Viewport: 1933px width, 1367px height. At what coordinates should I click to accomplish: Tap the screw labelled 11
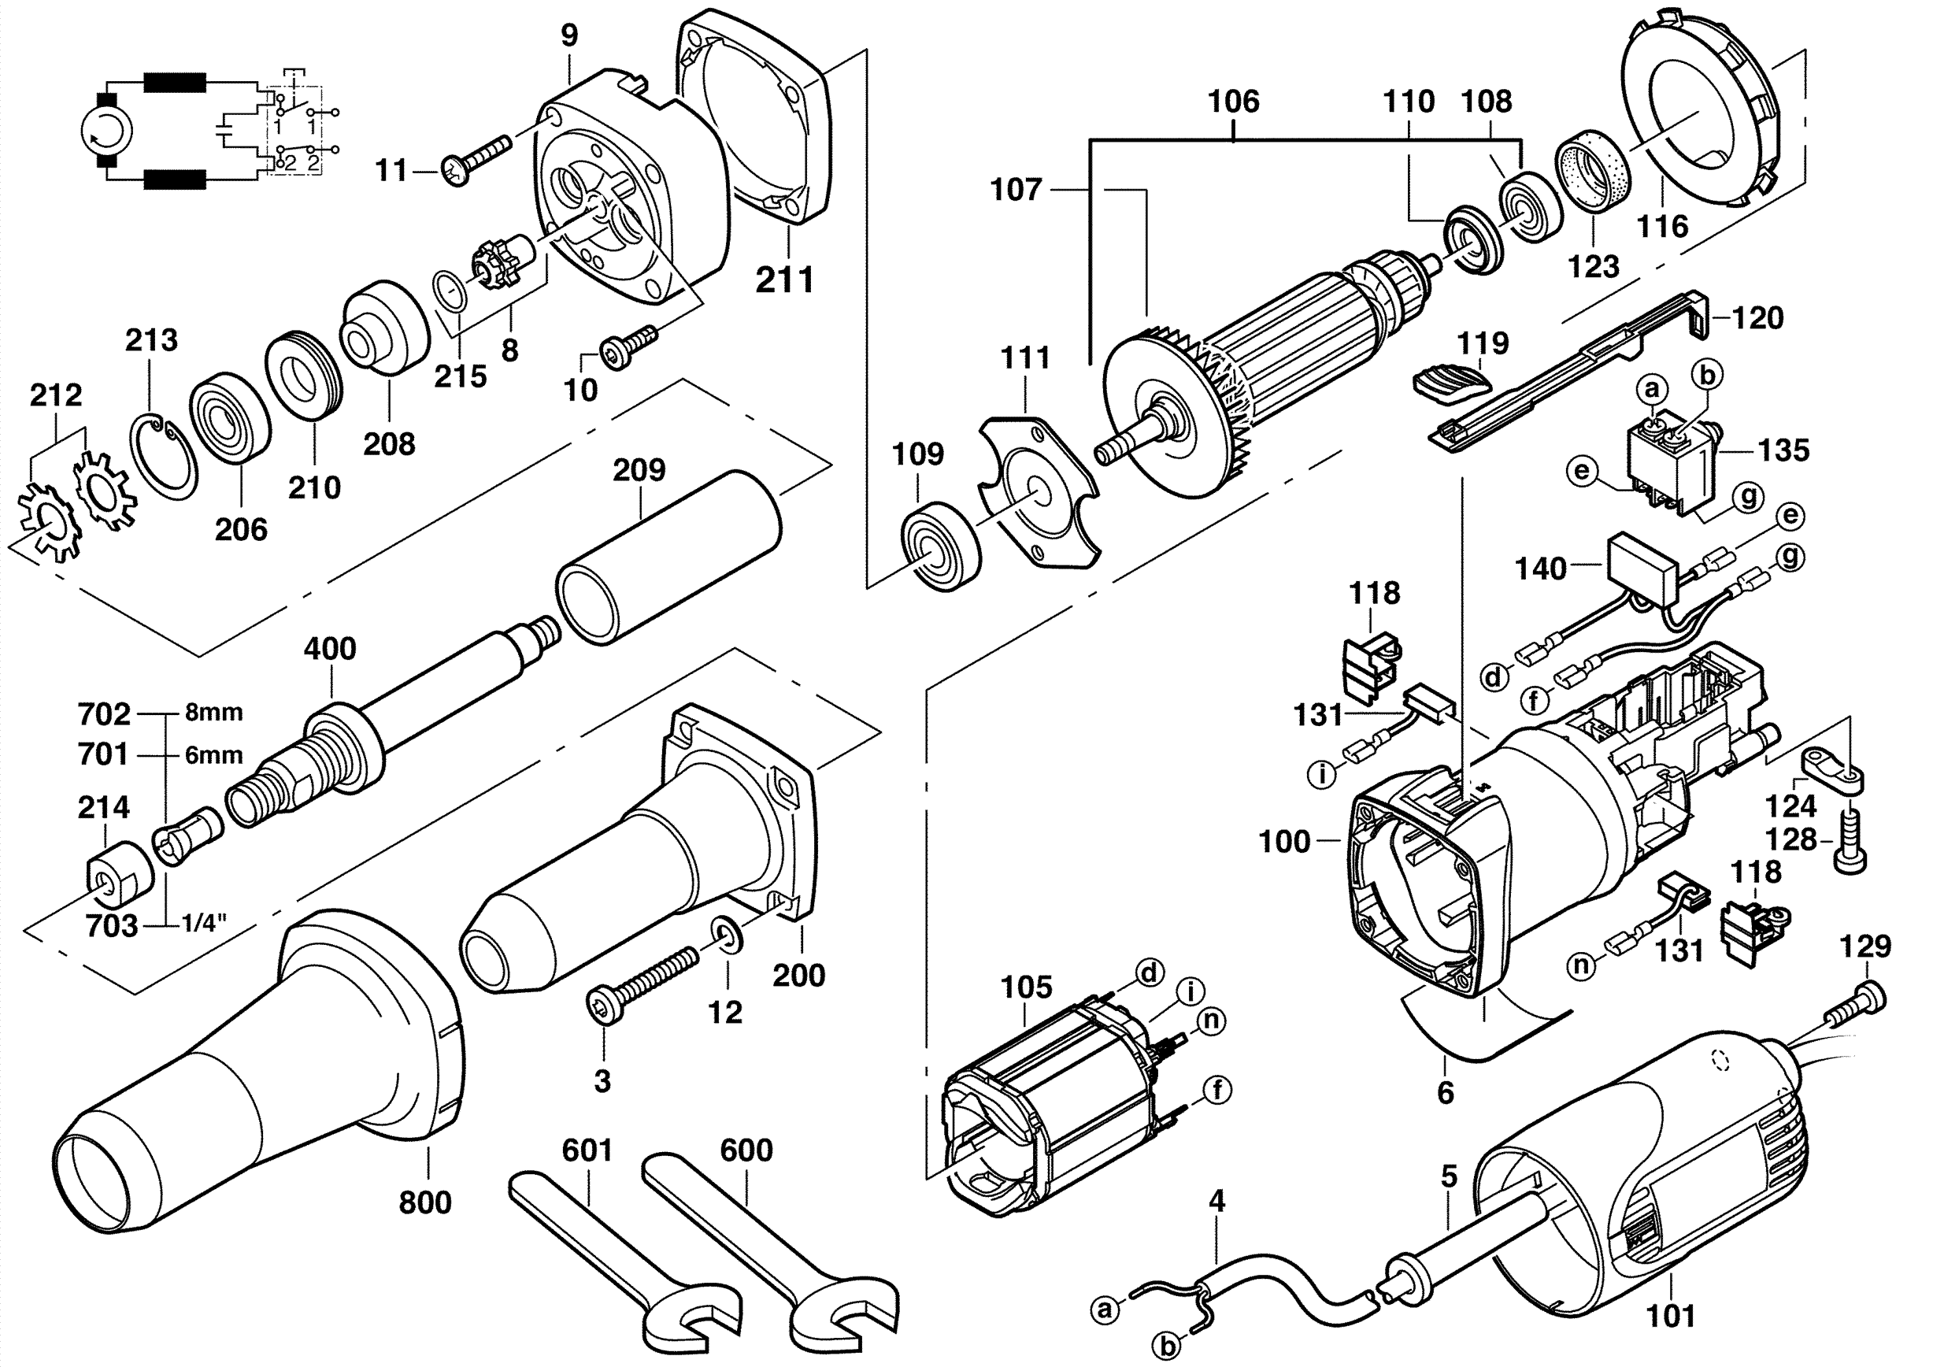(476, 160)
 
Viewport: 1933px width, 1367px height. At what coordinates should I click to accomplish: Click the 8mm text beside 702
(214, 712)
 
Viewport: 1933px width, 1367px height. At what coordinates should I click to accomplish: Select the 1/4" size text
(205, 924)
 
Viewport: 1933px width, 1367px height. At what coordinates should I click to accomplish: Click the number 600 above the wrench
(746, 1150)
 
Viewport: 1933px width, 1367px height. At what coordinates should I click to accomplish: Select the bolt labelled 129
(1860, 1002)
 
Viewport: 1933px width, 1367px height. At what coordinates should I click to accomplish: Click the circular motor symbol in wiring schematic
(107, 131)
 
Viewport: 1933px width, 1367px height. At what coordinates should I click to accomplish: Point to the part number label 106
(1232, 102)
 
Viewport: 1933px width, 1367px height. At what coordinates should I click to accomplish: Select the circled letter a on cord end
(1104, 1309)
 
